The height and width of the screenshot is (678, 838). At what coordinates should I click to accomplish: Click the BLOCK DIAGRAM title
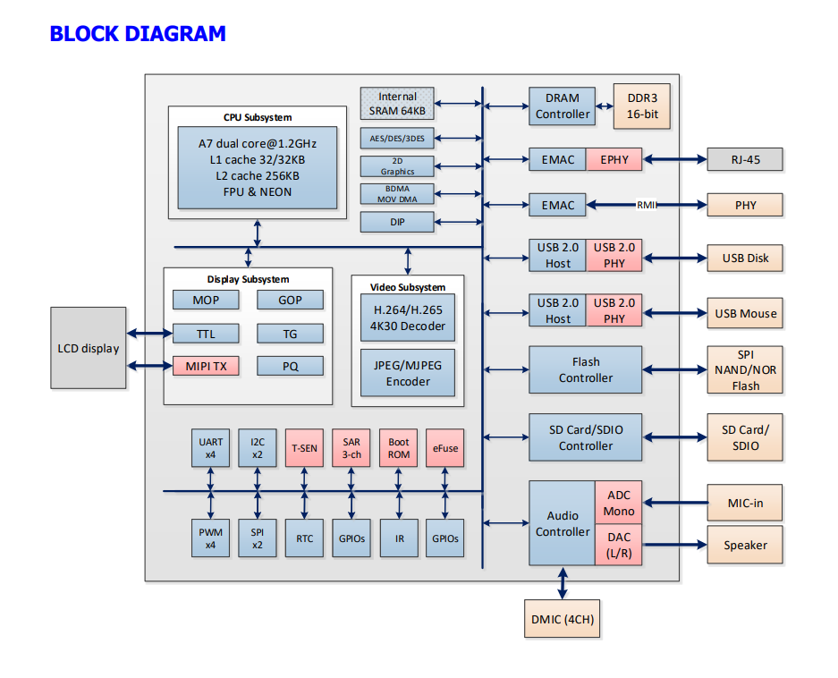[138, 34]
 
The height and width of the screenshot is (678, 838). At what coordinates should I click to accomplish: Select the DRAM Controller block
[563, 106]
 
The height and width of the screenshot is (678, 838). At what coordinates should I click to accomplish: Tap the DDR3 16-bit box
[641, 106]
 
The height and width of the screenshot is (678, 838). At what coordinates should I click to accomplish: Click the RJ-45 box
[745, 160]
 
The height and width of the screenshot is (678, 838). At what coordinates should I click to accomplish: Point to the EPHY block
[614, 160]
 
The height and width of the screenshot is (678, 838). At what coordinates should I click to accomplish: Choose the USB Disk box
[745, 258]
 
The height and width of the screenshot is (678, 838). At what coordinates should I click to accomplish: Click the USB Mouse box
[745, 314]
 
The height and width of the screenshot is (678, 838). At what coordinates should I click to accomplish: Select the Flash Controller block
[586, 369]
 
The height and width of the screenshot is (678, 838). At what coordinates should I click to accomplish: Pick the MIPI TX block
[206, 366]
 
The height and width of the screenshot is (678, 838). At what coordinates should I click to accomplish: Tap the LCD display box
[88, 348]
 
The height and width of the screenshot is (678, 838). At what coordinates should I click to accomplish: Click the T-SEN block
[304, 448]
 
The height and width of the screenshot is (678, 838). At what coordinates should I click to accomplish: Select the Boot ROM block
[399, 448]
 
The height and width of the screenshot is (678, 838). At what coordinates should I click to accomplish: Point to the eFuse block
[445, 448]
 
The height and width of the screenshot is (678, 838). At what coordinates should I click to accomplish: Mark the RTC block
[304, 538]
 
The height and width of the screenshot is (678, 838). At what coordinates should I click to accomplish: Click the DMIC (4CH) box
[563, 619]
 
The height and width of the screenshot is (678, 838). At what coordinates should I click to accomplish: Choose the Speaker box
[745, 545]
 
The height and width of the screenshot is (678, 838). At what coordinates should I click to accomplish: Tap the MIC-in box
[745, 503]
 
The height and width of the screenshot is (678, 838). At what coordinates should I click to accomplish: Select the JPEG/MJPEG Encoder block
[408, 373]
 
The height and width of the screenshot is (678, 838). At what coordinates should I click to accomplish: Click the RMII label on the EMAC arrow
[647, 205]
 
